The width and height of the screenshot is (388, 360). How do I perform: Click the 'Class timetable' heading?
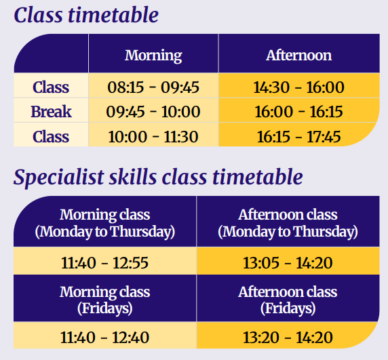pos(86,15)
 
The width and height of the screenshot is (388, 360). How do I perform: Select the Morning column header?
pos(153,56)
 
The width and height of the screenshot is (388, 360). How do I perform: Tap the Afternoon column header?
pos(298,55)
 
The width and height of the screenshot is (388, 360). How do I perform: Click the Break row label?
pos(51,111)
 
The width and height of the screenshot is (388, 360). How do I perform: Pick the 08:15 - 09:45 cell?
pos(153,87)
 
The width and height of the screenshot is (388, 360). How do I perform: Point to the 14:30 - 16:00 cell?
pos(298,87)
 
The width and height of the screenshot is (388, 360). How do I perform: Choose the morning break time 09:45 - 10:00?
pos(153,111)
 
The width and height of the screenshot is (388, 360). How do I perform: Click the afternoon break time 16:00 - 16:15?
pos(298,111)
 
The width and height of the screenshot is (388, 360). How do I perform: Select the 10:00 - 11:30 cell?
pos(153,136)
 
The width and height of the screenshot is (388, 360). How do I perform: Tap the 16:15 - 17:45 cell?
pos(298,136)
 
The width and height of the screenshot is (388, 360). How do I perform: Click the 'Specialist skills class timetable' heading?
pos(158,178)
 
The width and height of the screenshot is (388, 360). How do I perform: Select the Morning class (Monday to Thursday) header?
pos(105,223)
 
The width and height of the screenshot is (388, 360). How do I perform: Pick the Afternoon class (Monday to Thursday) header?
pos(288,223)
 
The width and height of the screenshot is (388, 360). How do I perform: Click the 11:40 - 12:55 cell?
pos(105,262)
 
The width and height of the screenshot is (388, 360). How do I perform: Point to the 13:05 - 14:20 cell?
pos(288,262)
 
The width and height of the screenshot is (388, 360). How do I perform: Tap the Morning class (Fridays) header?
pos(105,300)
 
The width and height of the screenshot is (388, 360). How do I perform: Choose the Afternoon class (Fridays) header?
pos(288,300)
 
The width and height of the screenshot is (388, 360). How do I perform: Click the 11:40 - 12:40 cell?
pos(105,338)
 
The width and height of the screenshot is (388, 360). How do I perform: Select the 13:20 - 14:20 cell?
pos(288,338)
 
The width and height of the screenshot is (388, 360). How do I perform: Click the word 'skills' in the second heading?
pos(133,177)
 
